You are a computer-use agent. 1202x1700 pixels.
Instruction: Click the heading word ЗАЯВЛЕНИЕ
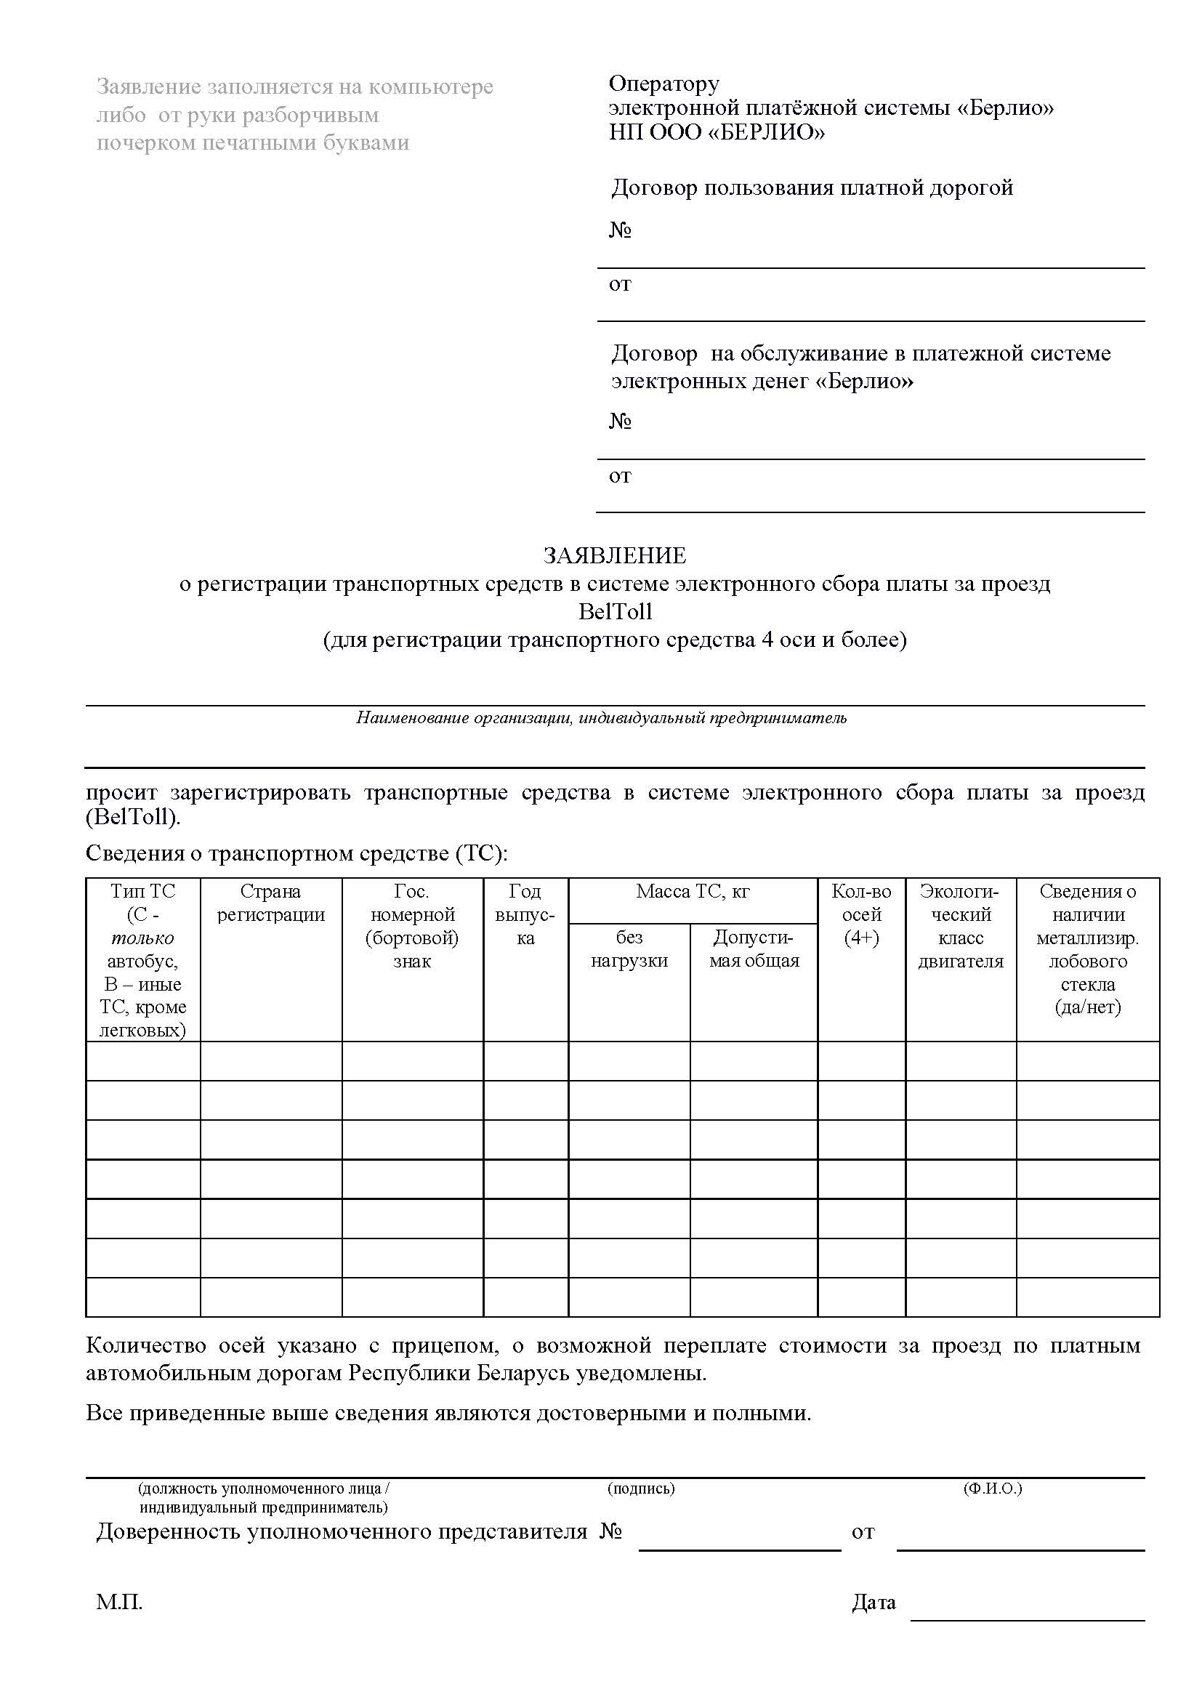tap(614, 555)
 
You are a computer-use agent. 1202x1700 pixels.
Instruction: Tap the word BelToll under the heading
tap(614, 611)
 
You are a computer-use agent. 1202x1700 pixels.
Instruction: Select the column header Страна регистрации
tap(271, 903)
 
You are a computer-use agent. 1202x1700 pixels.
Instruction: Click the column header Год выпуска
tap(525, 914)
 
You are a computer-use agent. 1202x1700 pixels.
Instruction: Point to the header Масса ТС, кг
tap(692, 892)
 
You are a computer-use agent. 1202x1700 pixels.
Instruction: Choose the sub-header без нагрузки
tap(629, 948)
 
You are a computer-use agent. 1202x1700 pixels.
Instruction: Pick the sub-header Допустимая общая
tap(754, 948)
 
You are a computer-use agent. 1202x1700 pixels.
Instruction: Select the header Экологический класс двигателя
tap(960, 925)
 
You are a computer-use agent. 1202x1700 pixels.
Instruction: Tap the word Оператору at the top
tap(664, 84)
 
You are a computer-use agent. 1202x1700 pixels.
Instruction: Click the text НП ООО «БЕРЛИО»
tap(717, 132)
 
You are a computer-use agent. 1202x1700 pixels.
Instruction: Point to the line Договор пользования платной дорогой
tap(811, 188)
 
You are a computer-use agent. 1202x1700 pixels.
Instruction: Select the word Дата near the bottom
tap(874, 1603)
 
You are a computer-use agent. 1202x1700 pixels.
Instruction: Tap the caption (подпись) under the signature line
tap(641, 1488)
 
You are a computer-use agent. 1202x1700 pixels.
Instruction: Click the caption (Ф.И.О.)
tap(992, 1488)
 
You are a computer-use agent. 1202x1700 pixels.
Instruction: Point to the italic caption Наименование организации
tap(601, 717)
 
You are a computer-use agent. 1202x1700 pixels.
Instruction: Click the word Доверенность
tap(168, 1531)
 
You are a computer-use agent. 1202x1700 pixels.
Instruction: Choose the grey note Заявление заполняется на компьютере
tap(294, 87)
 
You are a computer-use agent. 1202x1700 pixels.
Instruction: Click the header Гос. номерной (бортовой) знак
tap(412, 925)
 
